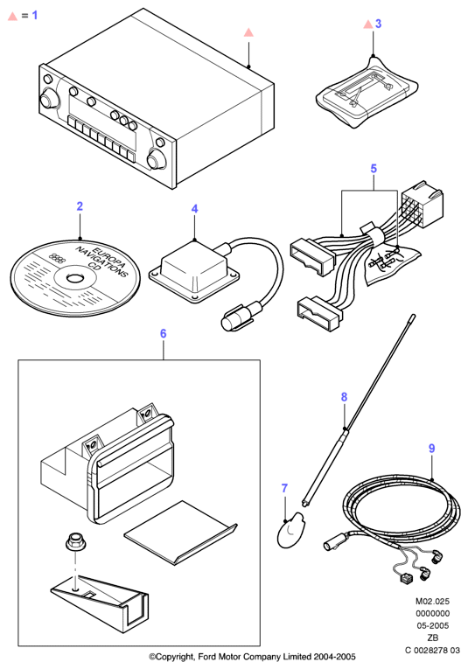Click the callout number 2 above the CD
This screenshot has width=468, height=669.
[80, 206]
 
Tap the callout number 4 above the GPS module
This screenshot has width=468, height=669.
[194, 209]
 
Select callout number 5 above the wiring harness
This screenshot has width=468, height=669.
[374, 169]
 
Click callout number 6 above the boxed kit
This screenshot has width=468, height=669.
[163, 333]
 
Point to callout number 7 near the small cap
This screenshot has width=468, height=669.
[284, 488]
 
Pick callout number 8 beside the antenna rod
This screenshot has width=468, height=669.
[345, 397]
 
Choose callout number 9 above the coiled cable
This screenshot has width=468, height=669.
[432, 449]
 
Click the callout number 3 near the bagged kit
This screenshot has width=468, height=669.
[378, 24]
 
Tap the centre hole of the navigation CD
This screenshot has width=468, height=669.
[75, 278]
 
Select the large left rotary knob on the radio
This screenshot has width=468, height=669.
[48, 101]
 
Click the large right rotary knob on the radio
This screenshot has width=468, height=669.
[156, 159]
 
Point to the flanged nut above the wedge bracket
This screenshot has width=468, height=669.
[73, 544]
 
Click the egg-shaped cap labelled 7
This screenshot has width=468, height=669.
[290, 530]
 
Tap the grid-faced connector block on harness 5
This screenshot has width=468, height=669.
[422, 205]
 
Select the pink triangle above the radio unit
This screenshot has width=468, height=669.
[248, 32]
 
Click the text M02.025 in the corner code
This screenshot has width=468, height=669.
[433, 601]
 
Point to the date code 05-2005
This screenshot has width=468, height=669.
[433, 625]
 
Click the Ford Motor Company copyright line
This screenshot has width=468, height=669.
[252, 657]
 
